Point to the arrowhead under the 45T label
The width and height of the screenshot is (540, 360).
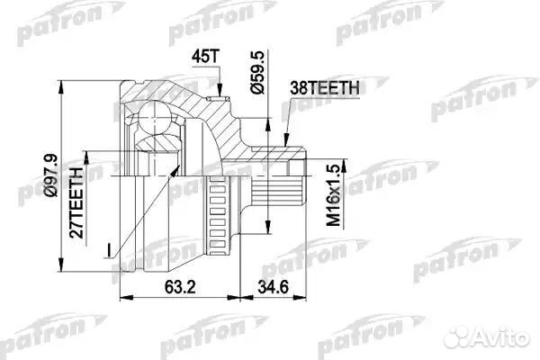(x=219, y=89)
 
